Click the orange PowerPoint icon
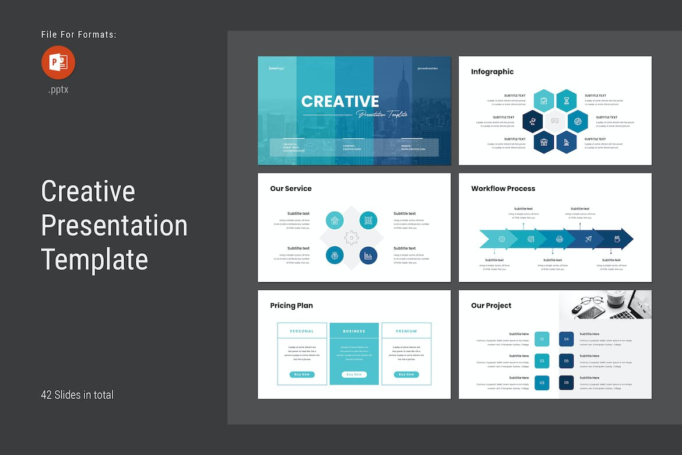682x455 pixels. [58, 62]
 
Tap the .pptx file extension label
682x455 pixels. [58, 90]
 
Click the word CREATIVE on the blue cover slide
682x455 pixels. [340, 101]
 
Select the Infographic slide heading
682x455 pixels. [492, 72]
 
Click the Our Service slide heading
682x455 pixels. [290, 188]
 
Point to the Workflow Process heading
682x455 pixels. [502, 188]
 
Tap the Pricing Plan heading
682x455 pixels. [291, 305]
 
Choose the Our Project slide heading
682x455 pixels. [491, 305]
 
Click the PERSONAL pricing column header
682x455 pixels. [302, 331]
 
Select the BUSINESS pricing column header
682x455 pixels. [354, 331]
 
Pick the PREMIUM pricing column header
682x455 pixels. [406, 331]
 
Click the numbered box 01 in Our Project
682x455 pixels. [542, 339]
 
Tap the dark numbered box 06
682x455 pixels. [566, 383]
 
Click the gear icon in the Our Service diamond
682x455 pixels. [351, 237]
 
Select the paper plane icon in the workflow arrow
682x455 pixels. [588, 239]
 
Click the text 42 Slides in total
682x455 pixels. [77, 395]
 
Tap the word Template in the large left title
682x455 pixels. [94, 259]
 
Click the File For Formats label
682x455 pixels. [79, 35]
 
